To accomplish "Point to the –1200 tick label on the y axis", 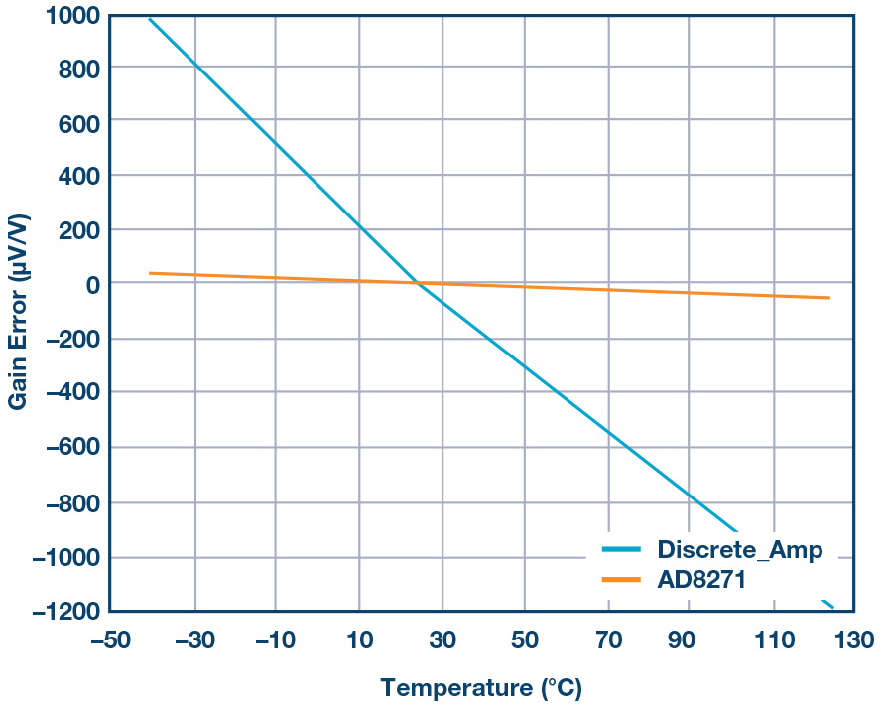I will [x=60, y=611].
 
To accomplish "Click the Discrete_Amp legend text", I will [x=739, y=550].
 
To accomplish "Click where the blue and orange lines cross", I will [x=418, y=284].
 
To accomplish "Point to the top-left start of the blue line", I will [x=149, y=19].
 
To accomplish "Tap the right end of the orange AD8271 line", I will [x=828, y=298].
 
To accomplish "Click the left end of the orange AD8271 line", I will [x=150, y=273].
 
